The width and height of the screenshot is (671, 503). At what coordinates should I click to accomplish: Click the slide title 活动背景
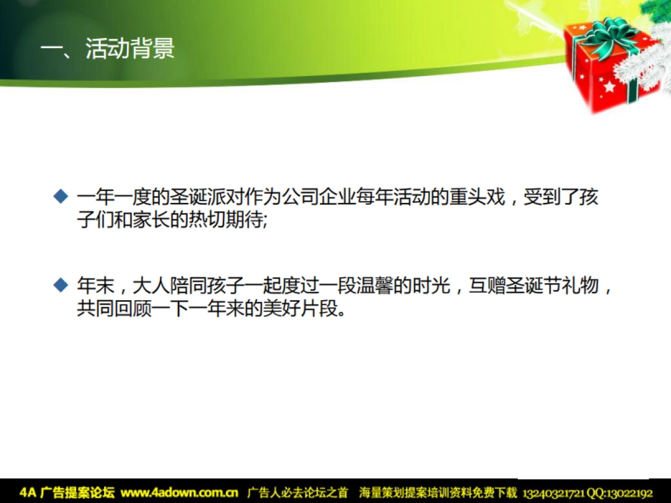tap(130, 49)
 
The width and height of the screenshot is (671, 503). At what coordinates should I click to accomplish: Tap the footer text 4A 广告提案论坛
tap(67, 492)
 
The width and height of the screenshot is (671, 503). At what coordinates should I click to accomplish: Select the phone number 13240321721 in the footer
tap(553, 493)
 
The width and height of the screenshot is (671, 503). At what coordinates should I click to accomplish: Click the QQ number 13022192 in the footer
tap(629, 493)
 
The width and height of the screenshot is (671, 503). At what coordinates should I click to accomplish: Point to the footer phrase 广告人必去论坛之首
tap(297, 492)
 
